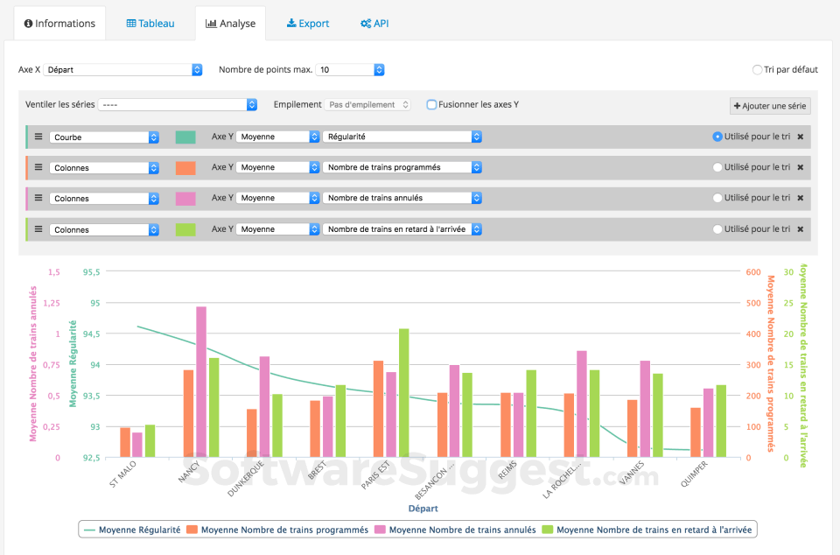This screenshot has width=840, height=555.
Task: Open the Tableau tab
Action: (150, 24)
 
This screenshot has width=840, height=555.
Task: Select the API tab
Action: (374, 24)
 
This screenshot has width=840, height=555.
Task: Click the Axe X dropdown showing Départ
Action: (122, 69)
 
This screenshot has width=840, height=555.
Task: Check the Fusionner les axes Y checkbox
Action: (432, 105)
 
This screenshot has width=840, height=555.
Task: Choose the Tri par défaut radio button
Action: (757, 70)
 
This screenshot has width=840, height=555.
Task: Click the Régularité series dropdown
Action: (402, 137)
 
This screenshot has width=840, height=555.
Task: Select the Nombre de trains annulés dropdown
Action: (402, 198)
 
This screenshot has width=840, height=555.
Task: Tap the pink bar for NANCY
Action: (201, 382)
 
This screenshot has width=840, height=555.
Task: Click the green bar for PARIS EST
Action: (404, 393)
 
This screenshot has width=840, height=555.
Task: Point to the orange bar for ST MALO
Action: (125, 442)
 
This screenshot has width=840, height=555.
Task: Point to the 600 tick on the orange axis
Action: (752, 271)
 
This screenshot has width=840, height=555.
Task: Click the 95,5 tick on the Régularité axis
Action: (90, 271)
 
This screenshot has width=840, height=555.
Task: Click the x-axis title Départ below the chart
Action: (423, 508)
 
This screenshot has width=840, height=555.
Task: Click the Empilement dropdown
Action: (367, 105)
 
